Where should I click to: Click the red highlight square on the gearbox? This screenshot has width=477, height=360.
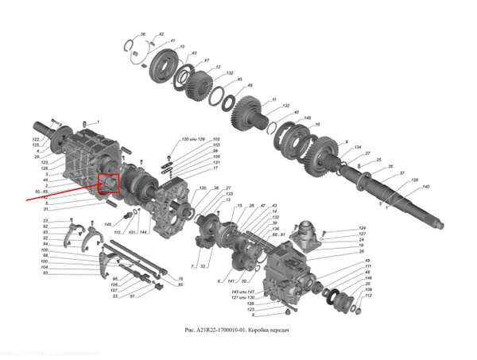point(108,183)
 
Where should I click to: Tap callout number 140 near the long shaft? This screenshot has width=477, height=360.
point(425,187)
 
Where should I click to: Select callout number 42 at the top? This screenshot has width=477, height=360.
point(161,35)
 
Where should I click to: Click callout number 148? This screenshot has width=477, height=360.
point(306,118)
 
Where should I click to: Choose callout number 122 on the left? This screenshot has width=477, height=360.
point(36,139)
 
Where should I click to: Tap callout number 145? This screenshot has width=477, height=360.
point(108,225)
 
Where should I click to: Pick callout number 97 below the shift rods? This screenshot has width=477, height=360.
point(133,296)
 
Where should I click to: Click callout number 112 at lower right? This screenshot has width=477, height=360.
point(368,296)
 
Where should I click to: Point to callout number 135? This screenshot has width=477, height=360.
point(202,188)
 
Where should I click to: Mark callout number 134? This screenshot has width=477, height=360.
point(358,148)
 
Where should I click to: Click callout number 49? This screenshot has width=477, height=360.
point(368,261)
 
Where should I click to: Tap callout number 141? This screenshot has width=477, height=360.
point(231,281)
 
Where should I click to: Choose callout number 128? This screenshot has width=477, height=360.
point(414,180)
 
